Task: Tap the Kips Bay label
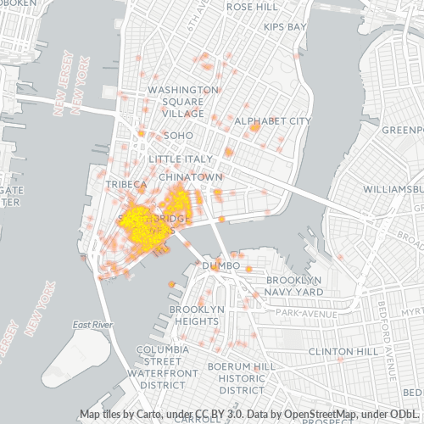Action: pos(284,27)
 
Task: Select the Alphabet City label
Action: pos(272,121)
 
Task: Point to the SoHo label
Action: pos(178,136)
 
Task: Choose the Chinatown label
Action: pos(196,176)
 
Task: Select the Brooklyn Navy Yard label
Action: pos(293,286)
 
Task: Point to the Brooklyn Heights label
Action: pos(196,315)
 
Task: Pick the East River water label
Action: pos(92,325)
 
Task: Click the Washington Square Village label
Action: pos(182,101)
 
